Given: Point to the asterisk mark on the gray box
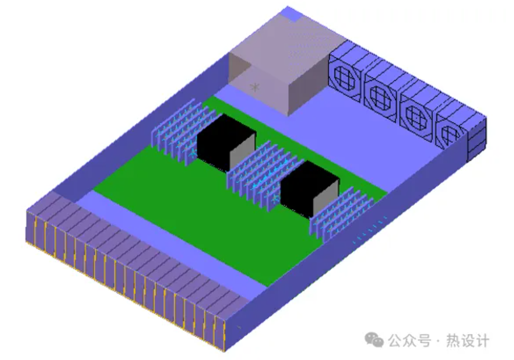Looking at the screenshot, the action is [x=255, y=87].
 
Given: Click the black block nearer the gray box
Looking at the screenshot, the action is [x=226, y=142].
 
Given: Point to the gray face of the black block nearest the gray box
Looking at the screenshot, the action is [x=242, y=153].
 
